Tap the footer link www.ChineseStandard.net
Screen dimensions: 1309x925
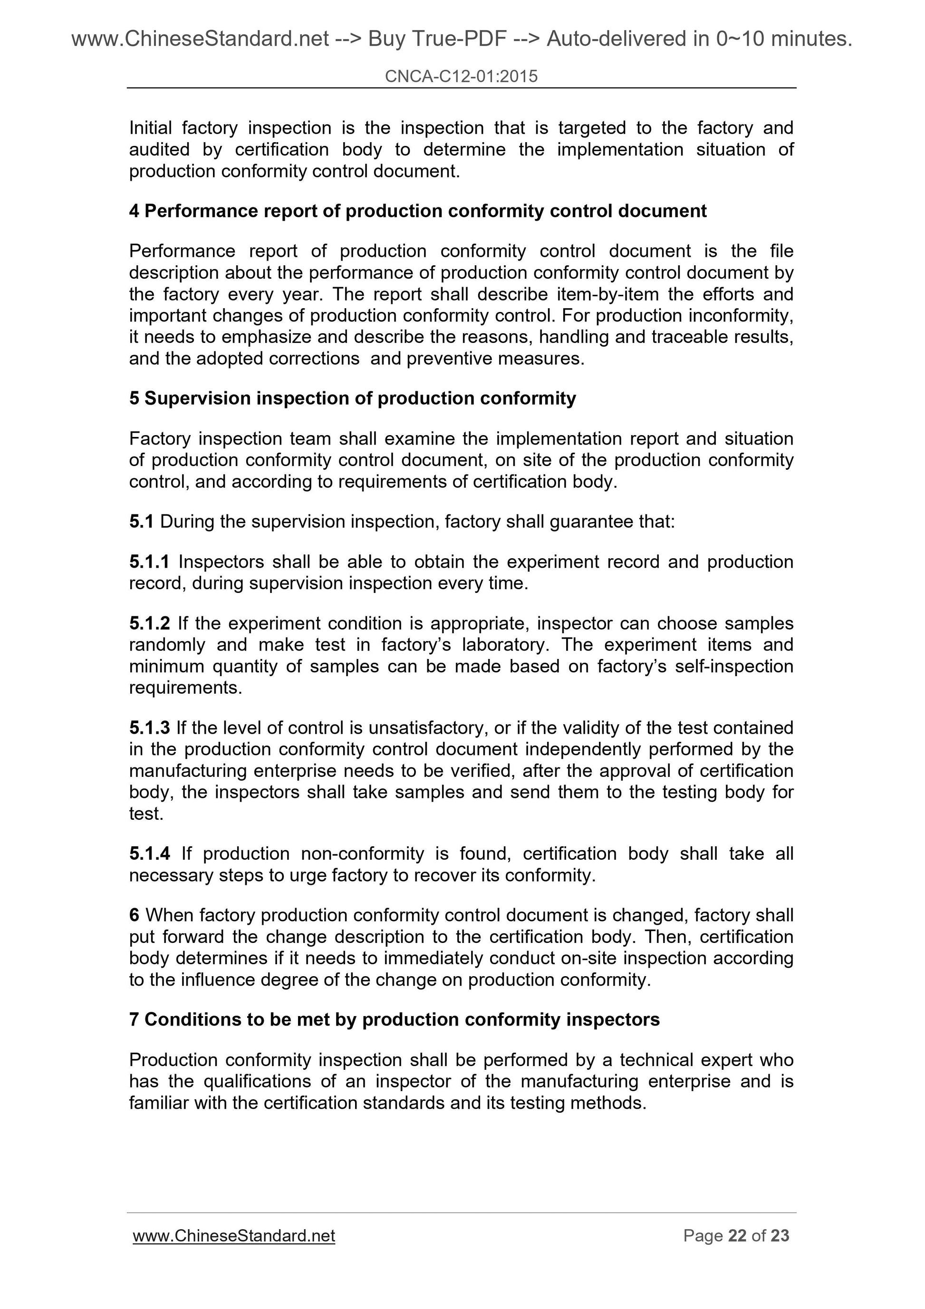click(x=234, y=1235)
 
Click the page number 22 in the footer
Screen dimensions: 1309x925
click(x=737, y=1235)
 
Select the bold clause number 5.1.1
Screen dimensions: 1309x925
click(x=149, y=562)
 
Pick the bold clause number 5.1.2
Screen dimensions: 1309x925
click(x=149, y=623)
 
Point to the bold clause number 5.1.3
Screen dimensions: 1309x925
click(x=149, y=727)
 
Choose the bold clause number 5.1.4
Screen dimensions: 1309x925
click(x=149, y=853)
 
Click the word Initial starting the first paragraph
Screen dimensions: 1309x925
click(x=151, y=128)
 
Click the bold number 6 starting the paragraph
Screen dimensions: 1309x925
click(x=134, y=915)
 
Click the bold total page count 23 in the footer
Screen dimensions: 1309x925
click(x=780, y=1235)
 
